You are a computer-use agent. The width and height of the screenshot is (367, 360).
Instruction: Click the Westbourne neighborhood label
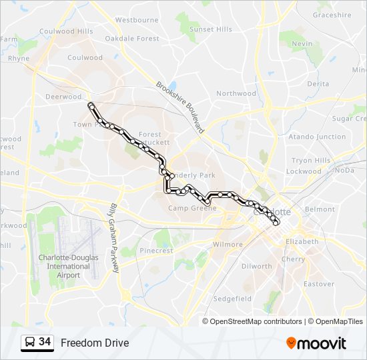[x=137, y=20]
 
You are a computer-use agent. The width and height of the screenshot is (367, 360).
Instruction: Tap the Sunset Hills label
[x=211, y=29]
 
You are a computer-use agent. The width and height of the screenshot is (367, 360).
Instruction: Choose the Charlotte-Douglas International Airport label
[x=68, y=266]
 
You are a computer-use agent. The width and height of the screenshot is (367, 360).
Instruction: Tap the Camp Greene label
[x=192, y=208]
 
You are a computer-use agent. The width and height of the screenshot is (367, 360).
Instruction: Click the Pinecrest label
[x=156, y=251]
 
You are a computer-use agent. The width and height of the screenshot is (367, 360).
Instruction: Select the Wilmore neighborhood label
[x=228, y=245]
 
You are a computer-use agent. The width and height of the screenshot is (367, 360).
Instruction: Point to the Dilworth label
[x=256, y=266]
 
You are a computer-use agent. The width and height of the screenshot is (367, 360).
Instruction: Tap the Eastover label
[x=319, y=284]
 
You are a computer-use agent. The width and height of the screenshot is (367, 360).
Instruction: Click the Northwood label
[x=236, y=93]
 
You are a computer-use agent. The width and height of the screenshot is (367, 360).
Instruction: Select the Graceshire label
[x=332, y=15]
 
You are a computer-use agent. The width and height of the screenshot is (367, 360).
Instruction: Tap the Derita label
[x=318, y=84]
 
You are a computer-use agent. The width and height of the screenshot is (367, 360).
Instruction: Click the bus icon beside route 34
[x=29, y=343]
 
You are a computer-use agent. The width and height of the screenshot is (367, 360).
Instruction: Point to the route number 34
[x=45, y=342]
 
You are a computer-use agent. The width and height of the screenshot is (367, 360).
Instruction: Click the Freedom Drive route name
[x=95, y=343]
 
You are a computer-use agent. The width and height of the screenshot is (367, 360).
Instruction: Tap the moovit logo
[x=316, y=343]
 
